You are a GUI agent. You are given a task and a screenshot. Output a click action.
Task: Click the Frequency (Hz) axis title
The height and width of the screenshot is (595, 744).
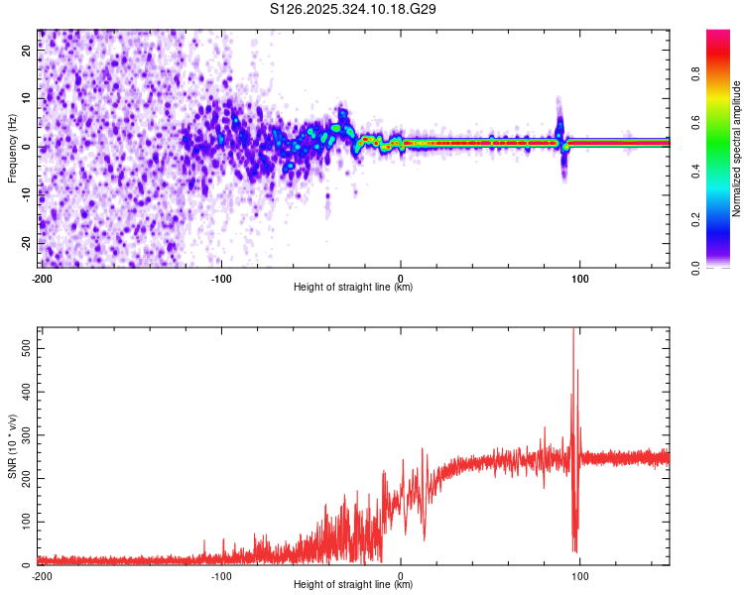point(12,149)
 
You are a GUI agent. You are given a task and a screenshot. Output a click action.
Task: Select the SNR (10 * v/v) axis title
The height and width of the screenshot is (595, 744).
point(12,446)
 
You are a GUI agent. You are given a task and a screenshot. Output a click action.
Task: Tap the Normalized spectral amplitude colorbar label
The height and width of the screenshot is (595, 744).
point(737,149)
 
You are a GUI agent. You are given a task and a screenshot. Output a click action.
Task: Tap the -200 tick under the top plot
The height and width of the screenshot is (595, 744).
point(42,277)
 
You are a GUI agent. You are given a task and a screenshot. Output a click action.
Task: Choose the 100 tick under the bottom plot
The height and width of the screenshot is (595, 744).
point(579,575)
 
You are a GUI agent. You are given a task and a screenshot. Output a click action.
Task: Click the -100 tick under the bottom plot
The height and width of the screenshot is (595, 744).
point(221,575)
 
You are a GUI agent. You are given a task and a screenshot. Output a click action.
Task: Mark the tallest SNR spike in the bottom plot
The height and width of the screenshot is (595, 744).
point(574,333)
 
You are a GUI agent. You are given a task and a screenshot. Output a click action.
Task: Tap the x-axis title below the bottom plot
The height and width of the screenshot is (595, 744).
point(354,585)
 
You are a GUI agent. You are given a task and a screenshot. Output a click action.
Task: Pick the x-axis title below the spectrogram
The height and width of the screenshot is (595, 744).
point(354,287)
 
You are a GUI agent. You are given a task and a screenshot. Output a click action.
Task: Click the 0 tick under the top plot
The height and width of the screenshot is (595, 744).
point(401,277)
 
